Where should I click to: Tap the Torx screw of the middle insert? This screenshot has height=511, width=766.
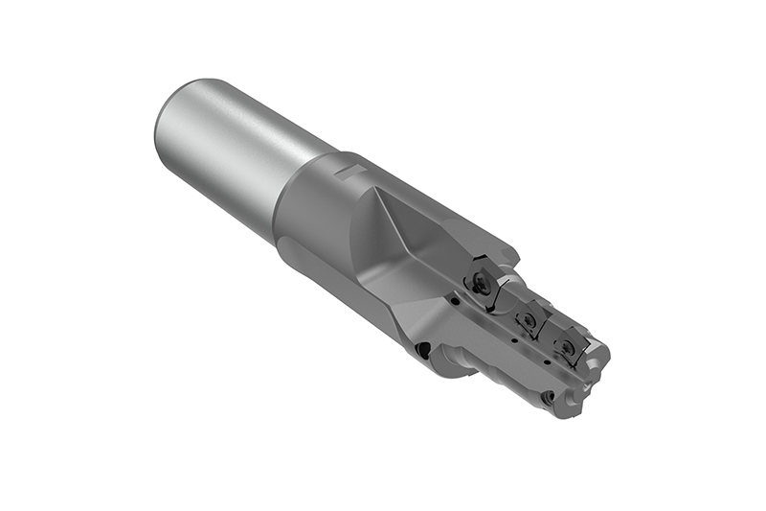click(x=525, y=317)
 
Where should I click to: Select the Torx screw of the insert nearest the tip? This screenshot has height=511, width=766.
click(x=568, y=345)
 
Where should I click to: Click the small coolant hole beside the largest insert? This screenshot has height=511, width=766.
click(x=459, y=300)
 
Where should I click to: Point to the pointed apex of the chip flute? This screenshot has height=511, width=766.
click(x=380, y=189)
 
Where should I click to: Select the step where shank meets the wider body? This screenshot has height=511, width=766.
click(x=287, y=192)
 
